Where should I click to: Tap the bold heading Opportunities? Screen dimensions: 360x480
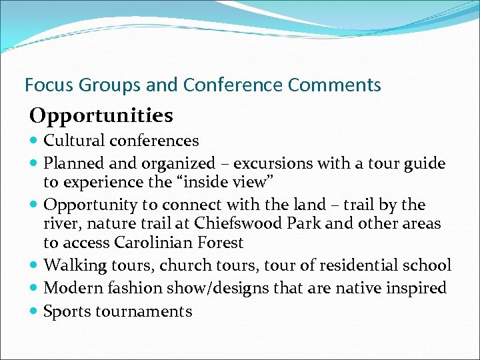101,116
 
